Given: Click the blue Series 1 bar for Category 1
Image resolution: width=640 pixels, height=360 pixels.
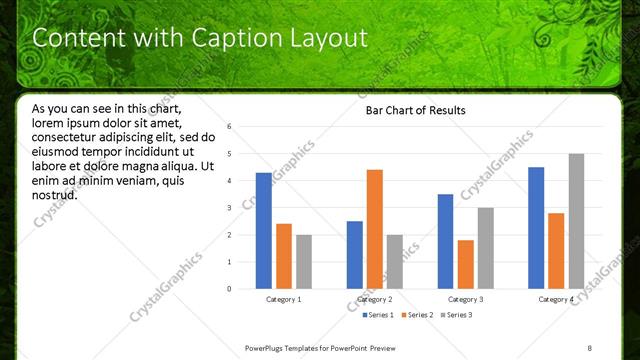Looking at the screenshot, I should pyautogui.click(x=263, y=231).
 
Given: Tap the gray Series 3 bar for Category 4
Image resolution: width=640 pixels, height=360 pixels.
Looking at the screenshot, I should pyautogui.click(x=576, y=221).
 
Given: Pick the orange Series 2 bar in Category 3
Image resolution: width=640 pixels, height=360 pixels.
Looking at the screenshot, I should pyautogui.click(x=466, y=264).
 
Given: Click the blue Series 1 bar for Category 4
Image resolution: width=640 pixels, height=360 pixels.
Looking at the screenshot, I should pyautogui.click(x=536, y=228).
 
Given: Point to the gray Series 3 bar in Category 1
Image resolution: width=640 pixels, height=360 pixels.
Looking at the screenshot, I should pyautogui.click(x=304, y=262).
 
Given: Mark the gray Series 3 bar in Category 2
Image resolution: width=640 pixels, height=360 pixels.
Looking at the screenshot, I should pyautogui.click(x=395, y=262).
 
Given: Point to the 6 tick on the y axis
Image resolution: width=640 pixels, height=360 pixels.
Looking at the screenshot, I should pyautogui.click(x=230, y=127).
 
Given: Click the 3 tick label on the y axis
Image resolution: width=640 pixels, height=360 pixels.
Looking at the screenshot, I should pyautogui.click(x=230, y=208).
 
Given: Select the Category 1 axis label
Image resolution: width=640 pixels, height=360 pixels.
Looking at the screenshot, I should pyautogui.click(x=284, y=300).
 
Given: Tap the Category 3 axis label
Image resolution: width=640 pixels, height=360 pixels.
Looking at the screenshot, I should pyautogui.click(x=466, y=300).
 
